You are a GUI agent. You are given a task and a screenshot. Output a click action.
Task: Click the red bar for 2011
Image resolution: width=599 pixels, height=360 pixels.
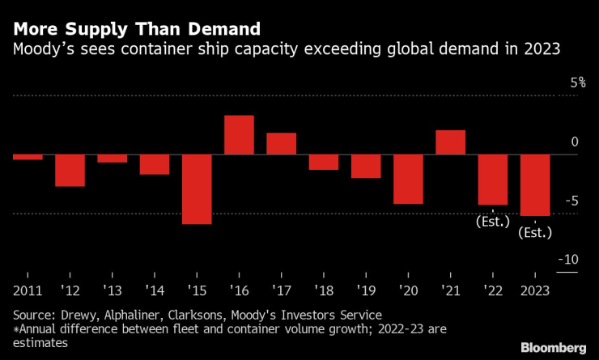tap(28, 157)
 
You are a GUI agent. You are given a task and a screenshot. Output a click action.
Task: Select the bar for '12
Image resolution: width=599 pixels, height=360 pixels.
tap(70, 171)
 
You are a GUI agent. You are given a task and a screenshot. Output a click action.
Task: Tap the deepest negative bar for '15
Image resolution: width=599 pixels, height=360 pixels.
tap(197, 189)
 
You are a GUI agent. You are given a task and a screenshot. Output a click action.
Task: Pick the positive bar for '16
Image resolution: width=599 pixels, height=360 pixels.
tap(239, 135)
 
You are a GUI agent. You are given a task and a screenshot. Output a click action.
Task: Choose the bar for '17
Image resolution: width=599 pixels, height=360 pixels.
tap(281, 144)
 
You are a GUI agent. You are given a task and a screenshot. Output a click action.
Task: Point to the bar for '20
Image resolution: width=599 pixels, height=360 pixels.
tap(408, 179)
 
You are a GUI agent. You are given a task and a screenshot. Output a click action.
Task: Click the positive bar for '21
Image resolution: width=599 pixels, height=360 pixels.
tap(450, 142)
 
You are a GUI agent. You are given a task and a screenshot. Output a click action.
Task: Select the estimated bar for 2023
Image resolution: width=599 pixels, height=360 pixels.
tap(535, 185)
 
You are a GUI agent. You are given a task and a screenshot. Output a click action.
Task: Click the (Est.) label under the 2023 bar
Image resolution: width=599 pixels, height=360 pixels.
tap(535, 232)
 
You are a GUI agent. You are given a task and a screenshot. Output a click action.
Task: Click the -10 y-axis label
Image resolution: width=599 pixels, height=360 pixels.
tap(568, 260)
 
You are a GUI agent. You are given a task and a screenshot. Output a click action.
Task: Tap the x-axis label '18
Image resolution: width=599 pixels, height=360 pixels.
tap(324, 290)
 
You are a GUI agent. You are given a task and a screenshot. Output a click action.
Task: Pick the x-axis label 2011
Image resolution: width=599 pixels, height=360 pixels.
tap(28, 290)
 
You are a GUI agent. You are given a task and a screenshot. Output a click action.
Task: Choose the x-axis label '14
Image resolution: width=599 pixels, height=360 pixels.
tap(155, 290)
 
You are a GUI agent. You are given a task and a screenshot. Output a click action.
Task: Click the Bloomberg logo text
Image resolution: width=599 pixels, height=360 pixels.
tap(552, 346)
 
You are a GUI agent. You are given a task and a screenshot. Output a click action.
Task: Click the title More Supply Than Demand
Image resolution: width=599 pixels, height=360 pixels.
tap(136, 29)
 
